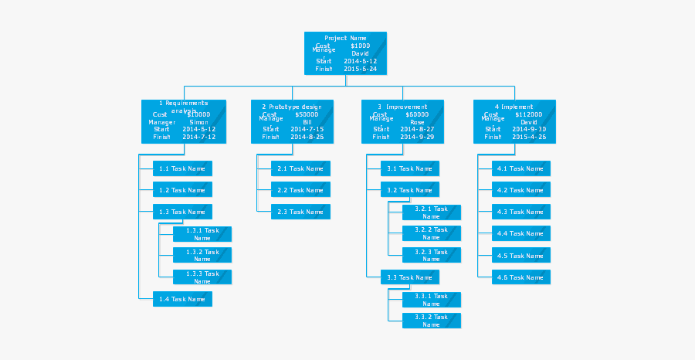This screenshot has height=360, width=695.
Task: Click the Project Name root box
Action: coord(345,53)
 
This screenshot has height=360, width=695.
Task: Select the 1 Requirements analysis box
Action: coord(184,121)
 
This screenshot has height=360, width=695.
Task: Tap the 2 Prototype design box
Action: coord(292,121)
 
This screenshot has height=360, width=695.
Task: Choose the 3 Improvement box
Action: coord(402,121)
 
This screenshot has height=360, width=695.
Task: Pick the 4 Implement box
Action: coord(514,121)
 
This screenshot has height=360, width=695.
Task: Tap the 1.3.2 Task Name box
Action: coord(202,255)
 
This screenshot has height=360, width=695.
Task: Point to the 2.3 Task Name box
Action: coord(300,212)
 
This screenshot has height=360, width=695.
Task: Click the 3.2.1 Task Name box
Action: coord(431,212)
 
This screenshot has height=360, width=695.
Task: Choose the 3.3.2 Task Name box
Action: coord(431,321)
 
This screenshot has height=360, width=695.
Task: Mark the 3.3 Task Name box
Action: coord(409,277)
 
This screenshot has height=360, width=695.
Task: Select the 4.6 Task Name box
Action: coord(520,277)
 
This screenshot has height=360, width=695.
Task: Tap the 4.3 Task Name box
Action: coord(520,212)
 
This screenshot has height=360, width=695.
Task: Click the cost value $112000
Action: coord(529,114)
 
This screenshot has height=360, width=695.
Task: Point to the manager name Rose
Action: coord(417,122)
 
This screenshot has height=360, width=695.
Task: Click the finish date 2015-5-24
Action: coord(360,69)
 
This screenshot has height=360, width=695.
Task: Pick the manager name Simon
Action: coord(198,122)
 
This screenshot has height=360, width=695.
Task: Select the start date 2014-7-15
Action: coord(307,129)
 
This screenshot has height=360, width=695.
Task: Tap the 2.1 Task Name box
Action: coord(300,168)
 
